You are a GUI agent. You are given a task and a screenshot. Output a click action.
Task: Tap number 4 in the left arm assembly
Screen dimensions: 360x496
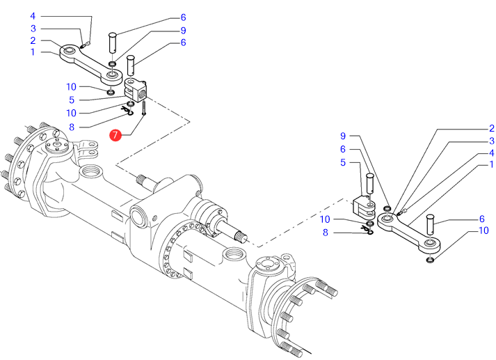(x=33, y=15)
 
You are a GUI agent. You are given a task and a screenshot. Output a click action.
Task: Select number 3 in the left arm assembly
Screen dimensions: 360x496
(x=33, y=29)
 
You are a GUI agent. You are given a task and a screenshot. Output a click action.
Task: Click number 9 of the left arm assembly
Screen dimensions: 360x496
(x=183, y=31)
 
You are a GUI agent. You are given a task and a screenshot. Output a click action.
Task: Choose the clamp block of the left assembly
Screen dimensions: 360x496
(x=134, y=90)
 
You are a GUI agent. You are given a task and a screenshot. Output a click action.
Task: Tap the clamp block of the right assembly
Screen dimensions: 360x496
(x=363, y=205)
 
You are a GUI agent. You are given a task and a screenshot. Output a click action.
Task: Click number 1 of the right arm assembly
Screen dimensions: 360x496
(x=491, y=165)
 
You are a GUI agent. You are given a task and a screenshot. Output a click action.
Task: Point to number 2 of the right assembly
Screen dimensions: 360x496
(x=491, y=128)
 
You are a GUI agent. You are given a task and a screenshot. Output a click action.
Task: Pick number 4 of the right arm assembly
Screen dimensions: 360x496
(x=491, y=153)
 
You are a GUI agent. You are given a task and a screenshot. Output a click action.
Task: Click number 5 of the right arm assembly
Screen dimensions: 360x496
(x=343, y=162)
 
